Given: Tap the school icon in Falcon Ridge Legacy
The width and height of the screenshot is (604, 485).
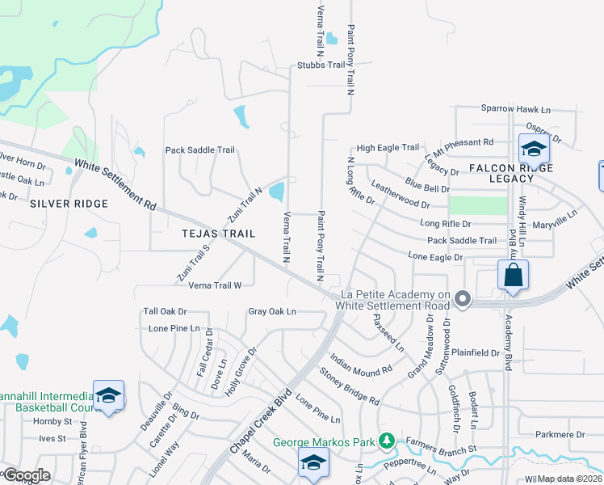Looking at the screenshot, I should pos(534,150).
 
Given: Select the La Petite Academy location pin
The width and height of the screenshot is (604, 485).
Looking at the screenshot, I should pos(463,299).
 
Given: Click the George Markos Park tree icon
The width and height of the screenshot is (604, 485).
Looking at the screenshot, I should pos(388,441).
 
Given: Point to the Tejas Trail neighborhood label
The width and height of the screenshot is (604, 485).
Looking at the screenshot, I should pos(218,234).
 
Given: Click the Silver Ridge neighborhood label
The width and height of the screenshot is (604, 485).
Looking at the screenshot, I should pos(69,204).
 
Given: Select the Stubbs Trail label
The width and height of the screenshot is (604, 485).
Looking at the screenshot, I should pos(321,65).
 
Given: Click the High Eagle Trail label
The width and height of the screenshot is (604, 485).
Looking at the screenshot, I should pos(388,148).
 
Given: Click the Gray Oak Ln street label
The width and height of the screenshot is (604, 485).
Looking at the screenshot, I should pos(272,311).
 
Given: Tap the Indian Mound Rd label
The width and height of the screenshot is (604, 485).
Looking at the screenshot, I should pos(361,362).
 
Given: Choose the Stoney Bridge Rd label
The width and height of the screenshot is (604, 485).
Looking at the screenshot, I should pos(349,386).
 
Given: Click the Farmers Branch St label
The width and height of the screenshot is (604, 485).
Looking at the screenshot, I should pos(442,447).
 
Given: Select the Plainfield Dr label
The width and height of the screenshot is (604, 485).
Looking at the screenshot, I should pos(476,352).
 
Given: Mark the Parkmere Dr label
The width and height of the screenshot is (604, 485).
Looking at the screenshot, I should pos(558,435).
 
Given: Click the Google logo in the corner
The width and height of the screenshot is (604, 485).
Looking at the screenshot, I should pos(27,475).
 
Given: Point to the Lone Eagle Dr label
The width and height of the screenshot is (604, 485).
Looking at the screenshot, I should pos(435,256).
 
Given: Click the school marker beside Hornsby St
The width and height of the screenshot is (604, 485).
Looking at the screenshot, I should pos(108,396).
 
